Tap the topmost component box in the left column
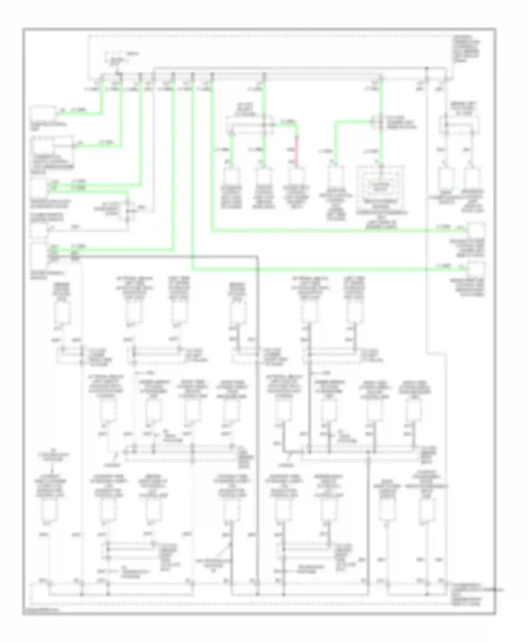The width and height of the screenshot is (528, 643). pyautogui.click(x=42, y=113)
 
